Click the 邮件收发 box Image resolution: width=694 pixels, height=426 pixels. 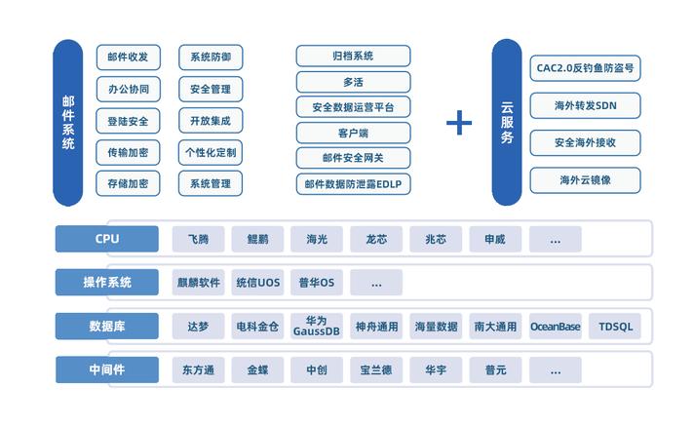click(129, 58)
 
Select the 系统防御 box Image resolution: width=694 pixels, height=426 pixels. click(211, 58)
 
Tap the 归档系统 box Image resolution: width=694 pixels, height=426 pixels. click(353, 56)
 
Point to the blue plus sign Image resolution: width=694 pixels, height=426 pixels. click(459, 122)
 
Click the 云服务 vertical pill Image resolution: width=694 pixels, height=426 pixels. click(507, 122)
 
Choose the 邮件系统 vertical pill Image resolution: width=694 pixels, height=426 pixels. click(67, 123)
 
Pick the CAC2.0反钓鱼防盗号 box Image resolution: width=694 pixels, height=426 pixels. click(585, 68)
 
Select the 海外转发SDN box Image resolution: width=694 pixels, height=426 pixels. click(585, 105)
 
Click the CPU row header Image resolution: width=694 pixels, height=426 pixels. click(107, 239)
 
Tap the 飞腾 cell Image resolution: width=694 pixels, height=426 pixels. click(198, 239)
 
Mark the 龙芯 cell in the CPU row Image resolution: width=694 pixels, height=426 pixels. click(376, 239)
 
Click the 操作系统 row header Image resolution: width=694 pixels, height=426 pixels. click(107, 282)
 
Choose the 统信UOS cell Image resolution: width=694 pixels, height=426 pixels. click(257, 282)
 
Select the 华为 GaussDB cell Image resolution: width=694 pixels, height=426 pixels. click(317, 326)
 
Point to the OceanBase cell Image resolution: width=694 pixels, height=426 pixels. click(556, 327)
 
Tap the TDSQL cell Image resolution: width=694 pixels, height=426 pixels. click(615, 327)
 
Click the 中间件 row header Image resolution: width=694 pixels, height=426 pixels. click(107, 369)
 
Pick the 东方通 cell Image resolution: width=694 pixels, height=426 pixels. click(198, 369)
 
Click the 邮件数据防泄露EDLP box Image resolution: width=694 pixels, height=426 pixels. click(353, 184)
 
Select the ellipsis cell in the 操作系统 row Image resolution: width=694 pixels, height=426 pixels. click(376, 282)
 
